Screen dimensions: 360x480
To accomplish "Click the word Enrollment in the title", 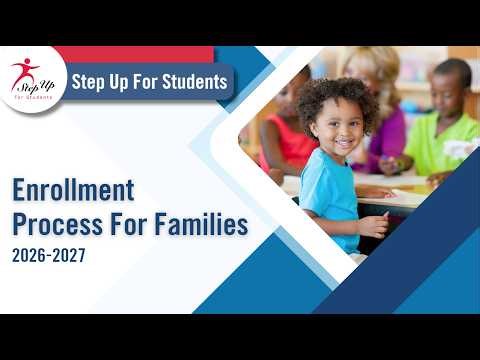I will coord(72,189).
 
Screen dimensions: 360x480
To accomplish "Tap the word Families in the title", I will coord(201,224).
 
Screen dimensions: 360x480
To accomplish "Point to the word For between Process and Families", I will coord(130,224).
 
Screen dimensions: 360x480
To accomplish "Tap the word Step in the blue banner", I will coord(89,82).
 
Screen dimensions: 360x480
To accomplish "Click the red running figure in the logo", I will coord(23,70).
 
